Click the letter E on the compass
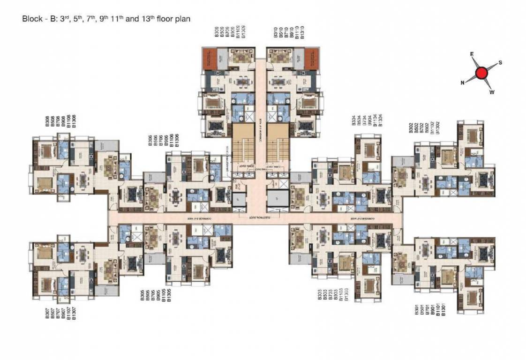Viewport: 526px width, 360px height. [x=472, y=54]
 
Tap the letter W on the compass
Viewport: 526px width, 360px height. [x=492, y=92]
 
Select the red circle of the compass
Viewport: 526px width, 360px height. [x=481, y=73]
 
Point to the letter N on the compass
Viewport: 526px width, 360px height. [x=462, y=82]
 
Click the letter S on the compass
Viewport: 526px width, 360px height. [x=500, y=62]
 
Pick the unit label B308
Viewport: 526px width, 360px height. [x=47, y=122]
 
